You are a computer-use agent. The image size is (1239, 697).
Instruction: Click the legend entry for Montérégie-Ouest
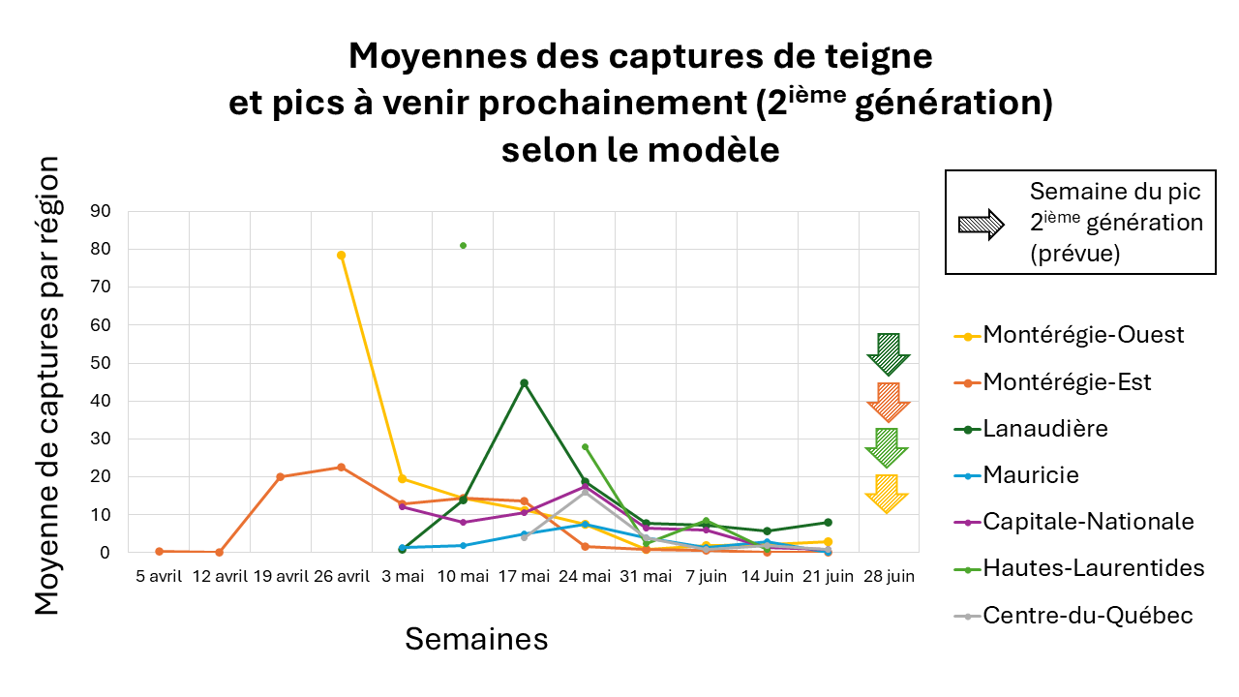click(x=1083, y=335)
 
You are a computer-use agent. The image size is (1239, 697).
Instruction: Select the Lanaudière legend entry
click(x=1045, y=428)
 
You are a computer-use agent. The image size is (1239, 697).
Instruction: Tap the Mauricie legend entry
click(x=1031, y=474)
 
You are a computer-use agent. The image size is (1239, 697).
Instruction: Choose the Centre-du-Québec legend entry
click(x=1088, y=615)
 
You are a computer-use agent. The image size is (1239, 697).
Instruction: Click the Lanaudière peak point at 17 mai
click(x=524, y=382)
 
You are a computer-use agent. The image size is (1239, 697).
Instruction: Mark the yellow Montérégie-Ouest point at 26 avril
click(x=341, y=256)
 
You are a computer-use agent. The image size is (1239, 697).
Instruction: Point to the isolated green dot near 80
click(x=463, y=246)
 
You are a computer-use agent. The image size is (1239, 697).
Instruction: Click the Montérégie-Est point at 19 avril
click(x=280, y=476)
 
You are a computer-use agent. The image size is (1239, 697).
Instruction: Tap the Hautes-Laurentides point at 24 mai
click(x=585, y=447)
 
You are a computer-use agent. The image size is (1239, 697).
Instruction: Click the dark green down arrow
click(x=888, y=354)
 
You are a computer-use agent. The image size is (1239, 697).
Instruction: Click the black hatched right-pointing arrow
click(x=981, y=225)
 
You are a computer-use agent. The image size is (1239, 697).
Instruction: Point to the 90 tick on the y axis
click(x=101, y=211)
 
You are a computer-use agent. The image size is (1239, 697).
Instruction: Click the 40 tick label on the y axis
click(x=101, y=401)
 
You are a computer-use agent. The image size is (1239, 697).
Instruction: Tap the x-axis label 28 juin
click(x=888, y=576)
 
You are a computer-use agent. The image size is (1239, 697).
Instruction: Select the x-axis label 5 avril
click(x=159, y=576)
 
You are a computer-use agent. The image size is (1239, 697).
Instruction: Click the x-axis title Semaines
click(x=476, y=639)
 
